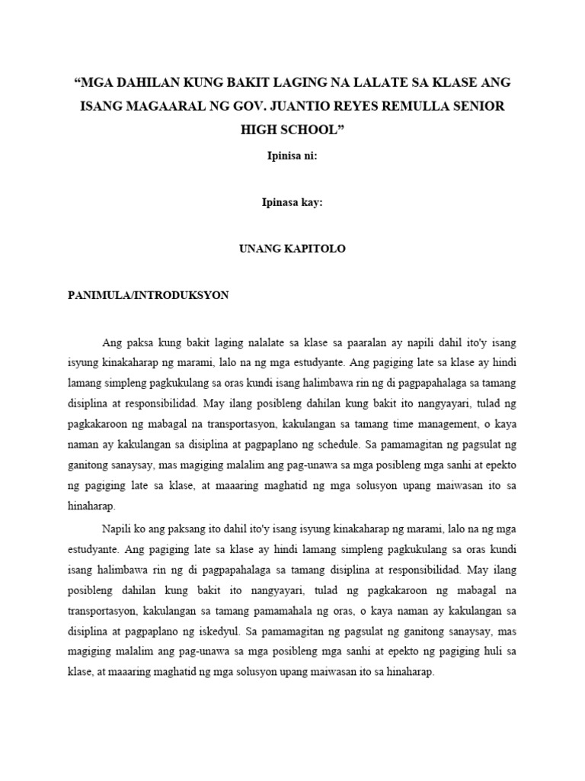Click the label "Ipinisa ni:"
coord(292,156)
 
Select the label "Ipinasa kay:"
coord(292,203)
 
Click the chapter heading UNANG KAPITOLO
coord(292,249)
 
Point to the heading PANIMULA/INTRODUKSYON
coord(148,295)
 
